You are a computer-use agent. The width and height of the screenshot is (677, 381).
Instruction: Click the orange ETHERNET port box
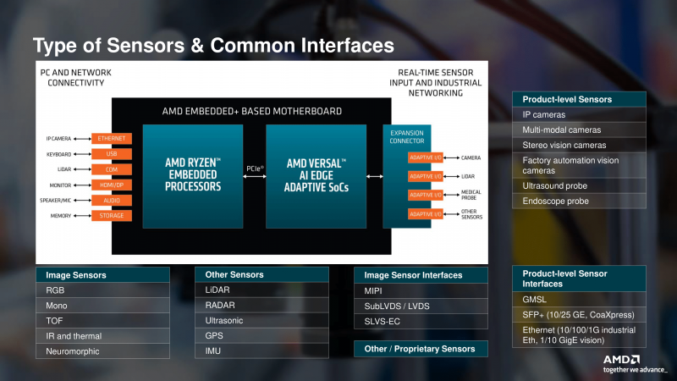coord(113,138)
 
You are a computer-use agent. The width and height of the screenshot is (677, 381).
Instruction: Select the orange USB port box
coord(113,153)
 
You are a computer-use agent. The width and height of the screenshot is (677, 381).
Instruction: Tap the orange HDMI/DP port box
coord(113,185)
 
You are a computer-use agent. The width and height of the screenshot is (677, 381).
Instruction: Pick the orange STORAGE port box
coord(113,216)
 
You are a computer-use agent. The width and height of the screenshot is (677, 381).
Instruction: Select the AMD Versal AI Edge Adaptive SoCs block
coord(316,174)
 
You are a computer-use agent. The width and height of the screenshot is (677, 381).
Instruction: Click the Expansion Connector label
coord(406,137)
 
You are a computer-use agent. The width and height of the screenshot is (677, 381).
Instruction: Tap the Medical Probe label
coord(471,195)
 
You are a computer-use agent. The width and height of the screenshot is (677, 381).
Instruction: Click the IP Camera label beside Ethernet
coord(59,138)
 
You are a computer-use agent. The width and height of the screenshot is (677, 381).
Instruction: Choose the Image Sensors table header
coord(102,275)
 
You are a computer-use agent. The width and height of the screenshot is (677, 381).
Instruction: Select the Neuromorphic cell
coord(102,351)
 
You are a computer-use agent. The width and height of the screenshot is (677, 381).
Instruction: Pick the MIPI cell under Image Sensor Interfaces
coord(421,291)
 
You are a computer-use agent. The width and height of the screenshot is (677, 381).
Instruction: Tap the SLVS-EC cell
coord(421,322)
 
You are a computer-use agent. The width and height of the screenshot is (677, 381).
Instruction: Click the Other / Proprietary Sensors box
coord(421,349)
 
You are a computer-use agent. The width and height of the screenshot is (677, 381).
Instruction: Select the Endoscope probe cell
coord(579,202)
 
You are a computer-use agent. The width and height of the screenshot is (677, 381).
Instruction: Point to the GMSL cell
coord(579,299)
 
